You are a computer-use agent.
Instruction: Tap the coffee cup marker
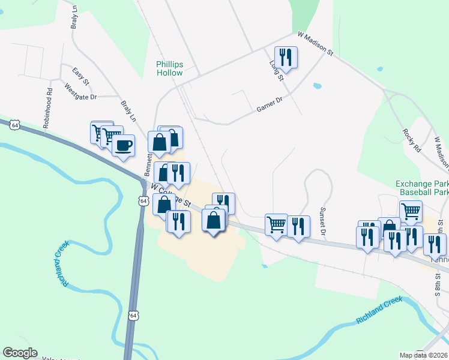(x=124, y=146)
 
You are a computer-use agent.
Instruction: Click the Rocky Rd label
(x=410, y=140)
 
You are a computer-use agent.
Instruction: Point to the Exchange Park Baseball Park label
(x=423, y=188)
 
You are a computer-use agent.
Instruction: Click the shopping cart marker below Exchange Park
(x=411, y=211)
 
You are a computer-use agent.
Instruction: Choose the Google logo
(x=20, y=353)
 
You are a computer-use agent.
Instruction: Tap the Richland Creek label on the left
(x=64, y=263)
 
